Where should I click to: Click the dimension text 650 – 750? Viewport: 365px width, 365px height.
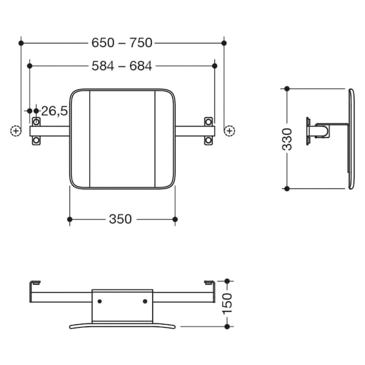coord(121,43)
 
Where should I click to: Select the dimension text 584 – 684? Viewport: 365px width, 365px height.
coord(121,66)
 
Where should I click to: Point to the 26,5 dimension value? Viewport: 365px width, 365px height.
coord(55,111)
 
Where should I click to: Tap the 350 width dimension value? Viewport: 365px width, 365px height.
coord(120,220)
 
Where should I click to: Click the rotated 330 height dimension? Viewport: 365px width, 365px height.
coord(287,139)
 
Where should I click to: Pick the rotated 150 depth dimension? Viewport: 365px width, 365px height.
coord(227,303)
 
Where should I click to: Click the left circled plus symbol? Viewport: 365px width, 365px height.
coord(16,130)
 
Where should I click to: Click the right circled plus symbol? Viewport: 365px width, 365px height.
coord(228,130)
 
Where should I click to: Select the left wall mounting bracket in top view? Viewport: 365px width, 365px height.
coord(35,130)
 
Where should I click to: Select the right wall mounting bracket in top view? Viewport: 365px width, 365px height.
coord(209,130)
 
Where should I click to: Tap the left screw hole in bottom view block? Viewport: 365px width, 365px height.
coord(100,301)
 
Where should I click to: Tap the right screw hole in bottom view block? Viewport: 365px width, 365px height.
coord(145,301)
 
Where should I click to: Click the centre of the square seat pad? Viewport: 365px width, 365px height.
coord(123,138)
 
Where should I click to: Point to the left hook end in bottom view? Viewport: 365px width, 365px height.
coord(34,283)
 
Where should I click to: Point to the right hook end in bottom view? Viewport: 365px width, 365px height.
coord(209,283)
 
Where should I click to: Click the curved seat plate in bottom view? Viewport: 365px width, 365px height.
coord(123,325)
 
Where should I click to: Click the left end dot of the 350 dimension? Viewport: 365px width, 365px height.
coord(70,220)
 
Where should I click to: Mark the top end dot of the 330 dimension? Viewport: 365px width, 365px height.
coord(287,89)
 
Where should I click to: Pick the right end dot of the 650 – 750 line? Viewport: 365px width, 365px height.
coord(224,43)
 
